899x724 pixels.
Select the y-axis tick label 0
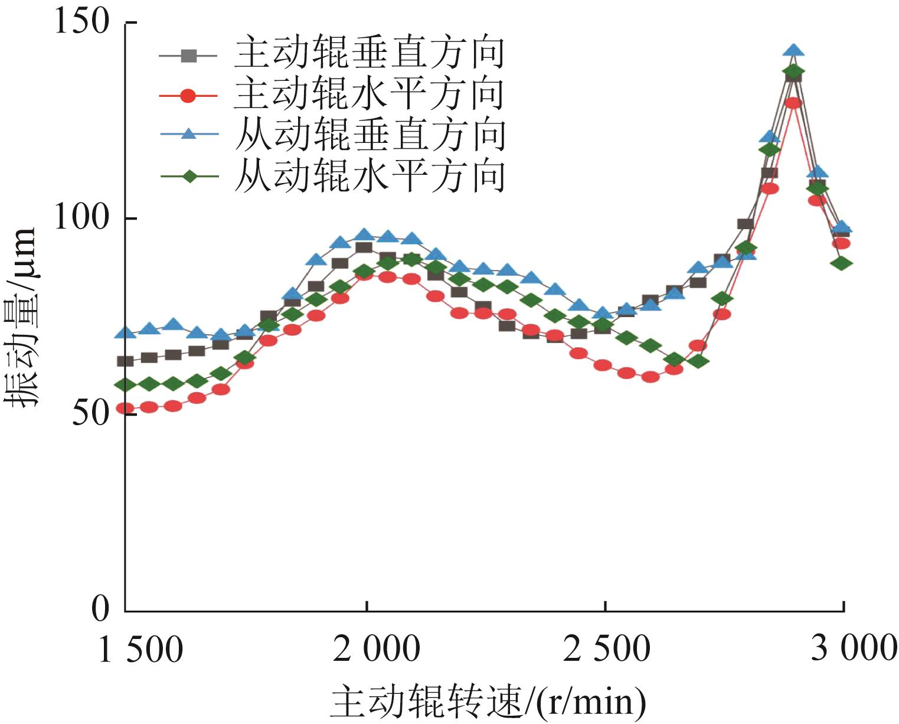click(x=101, y=609)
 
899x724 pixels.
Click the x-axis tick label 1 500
click(x=140, y=650)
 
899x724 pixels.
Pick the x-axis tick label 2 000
click(x=376, y=650)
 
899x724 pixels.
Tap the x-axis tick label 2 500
click(x=607, y=650)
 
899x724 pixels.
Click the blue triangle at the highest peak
click(x=794, y=51)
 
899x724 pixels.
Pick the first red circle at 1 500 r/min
click(x=125, y=408)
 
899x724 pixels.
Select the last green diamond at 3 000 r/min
click(x=842, y=263)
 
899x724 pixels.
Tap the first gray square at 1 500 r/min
click(x=125, y=361)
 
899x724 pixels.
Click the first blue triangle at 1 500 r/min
click(x=125, y=333)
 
